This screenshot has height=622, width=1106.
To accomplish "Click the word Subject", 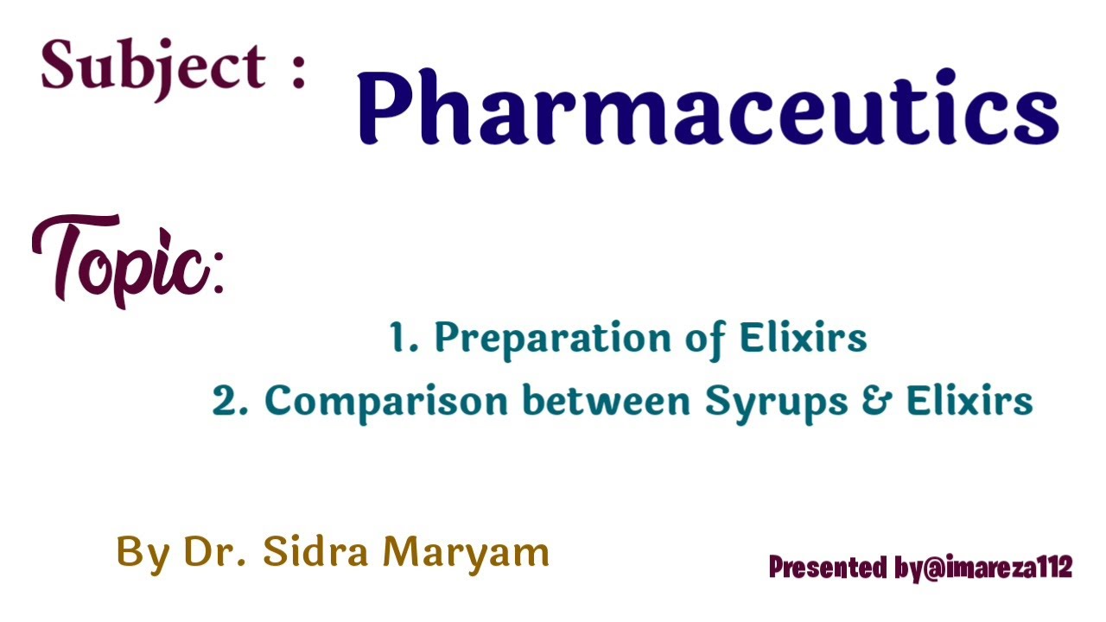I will [153, 67].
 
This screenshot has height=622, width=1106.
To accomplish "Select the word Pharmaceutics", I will [708, 109].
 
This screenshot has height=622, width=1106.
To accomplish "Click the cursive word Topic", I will [121, 259].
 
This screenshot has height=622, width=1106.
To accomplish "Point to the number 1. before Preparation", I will [404, 337].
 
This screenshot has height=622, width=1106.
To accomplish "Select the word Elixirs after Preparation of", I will [803, 337].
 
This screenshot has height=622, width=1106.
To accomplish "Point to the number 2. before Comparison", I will [230, 401].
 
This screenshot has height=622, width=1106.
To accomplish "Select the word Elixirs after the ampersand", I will [969, 401].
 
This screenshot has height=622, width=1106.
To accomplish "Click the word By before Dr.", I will [143, 553].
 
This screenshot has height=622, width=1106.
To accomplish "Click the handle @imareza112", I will [997, 568].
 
